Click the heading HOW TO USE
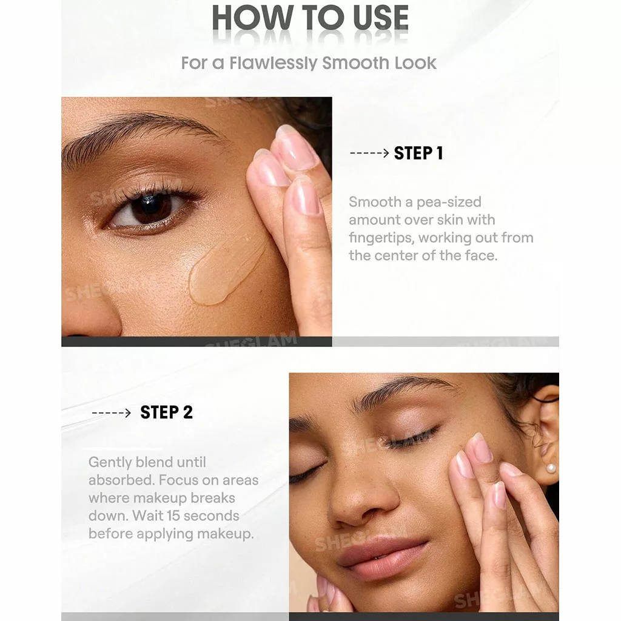(x=310, y=18)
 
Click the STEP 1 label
(x=418, y=153)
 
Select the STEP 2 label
(x=166, y=412)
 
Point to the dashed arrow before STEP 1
(x=369, y=153)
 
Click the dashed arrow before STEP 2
(x=112, y=413)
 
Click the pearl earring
(x=551, y=469)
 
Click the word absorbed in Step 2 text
(x=121, y=480)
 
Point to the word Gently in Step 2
(x=110, y=463)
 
